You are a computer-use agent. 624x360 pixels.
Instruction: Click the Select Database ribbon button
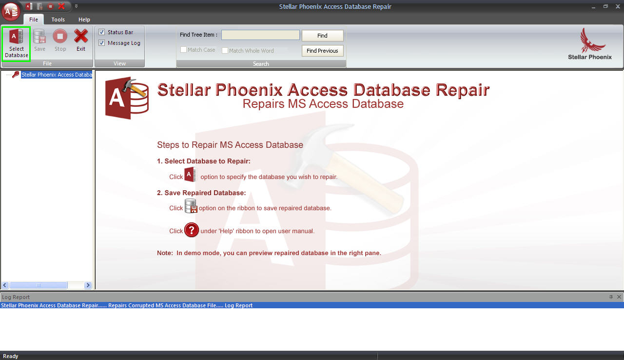(x=17, y=43)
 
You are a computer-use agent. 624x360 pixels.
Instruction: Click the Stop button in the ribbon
(x=60, y=40)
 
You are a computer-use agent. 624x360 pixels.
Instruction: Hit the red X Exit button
(x=81, y=40)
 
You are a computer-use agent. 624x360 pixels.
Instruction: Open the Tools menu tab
(x=58, y=20)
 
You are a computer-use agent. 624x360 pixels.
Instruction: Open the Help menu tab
(x=84, y=20)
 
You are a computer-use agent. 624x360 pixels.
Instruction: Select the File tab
(x=33, y=20)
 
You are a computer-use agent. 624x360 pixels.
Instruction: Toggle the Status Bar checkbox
(x=102, y=32)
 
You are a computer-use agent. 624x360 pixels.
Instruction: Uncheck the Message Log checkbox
(x=102, y=43)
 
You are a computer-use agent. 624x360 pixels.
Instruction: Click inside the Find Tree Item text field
(x=260, y=35)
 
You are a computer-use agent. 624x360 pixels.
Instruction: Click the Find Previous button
(x=322, y=51)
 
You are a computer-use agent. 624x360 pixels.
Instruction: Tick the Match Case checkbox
(x=184, y=50)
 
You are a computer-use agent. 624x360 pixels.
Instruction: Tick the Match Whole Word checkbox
(x=225, y=50)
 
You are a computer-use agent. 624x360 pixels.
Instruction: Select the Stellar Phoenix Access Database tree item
(x=57, y=75)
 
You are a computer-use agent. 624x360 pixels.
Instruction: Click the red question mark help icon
(x=192, y=230)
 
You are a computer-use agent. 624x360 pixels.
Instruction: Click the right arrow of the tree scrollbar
(x=88, y=285)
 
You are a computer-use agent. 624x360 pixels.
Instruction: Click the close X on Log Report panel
(x=619, y=297)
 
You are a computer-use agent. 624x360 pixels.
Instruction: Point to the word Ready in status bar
(x=11, y=356)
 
